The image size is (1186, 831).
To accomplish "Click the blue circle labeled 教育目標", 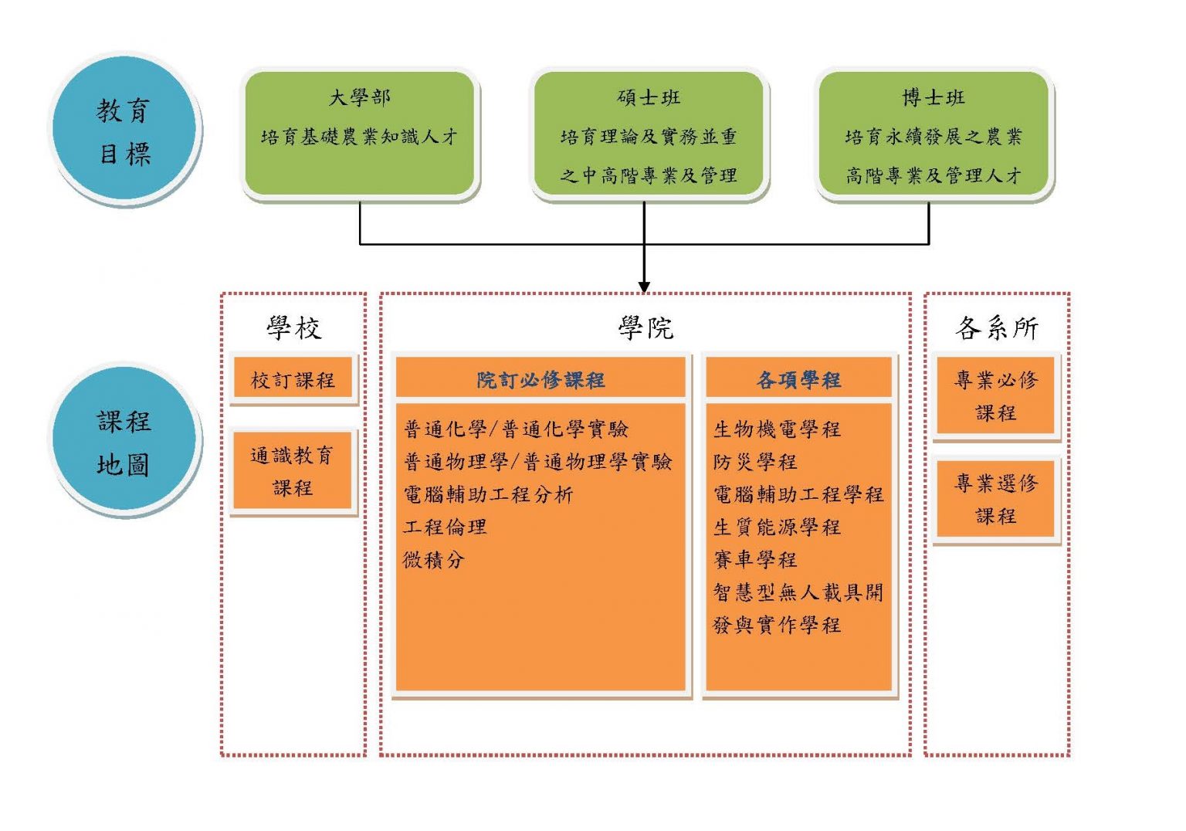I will point(124,130).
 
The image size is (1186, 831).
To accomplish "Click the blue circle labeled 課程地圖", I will point(124,442).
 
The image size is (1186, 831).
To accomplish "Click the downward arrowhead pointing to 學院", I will point(644,287).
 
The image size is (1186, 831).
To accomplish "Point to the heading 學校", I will point(293,328).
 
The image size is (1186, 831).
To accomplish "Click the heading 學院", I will point(646,328).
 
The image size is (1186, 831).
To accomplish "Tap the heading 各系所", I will point(996,328).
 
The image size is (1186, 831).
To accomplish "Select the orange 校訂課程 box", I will point(293,379).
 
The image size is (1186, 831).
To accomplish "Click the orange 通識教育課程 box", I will point(293,470).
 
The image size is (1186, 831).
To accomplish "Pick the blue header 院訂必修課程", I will point(540,379).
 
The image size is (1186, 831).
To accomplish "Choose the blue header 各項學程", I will point(799,379).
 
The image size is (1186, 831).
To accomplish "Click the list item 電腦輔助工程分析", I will point(488,494).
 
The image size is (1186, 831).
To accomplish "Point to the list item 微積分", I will point(434,560).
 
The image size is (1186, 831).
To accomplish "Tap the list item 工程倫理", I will point(446,527).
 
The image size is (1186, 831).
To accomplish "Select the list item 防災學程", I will point(755,462).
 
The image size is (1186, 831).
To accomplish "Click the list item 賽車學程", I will point(755,559).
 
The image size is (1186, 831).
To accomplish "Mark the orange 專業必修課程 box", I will point(995,395).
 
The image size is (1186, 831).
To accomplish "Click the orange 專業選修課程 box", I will point(995,499).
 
